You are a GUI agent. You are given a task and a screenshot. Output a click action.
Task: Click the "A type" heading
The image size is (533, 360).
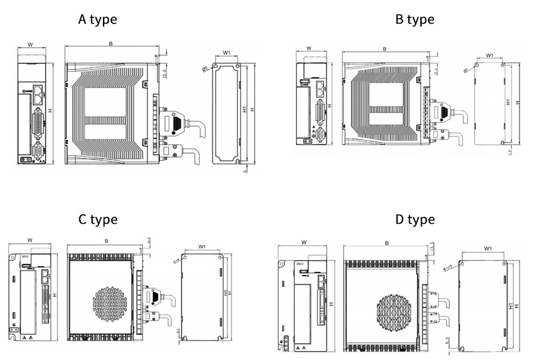click(97, 19)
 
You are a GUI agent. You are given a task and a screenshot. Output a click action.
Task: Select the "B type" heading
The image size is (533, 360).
click(415, 19)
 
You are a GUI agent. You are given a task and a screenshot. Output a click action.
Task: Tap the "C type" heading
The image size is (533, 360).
click(97, 219)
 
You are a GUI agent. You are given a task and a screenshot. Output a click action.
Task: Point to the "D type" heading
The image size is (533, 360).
click(415, 219)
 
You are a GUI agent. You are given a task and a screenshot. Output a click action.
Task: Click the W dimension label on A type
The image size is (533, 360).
click(30, 45)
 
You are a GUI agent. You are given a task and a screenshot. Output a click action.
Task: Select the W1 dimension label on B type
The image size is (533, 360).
click(489, 56)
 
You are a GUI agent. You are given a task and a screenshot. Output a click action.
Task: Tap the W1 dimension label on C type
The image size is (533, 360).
click(202, 246)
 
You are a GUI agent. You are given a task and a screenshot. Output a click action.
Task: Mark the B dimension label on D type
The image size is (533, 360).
click(386, 244)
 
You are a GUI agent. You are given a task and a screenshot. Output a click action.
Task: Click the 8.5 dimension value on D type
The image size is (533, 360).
click(447, 340)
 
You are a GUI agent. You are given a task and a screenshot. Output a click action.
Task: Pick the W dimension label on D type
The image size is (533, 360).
click(303, 243)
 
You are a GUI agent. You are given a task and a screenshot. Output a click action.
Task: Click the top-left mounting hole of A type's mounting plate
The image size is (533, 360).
click(217, 66)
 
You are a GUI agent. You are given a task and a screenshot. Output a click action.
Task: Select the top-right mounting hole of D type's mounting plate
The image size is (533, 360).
click(505, 263)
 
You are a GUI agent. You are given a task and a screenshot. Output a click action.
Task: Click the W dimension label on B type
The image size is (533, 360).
click(309, 48)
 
